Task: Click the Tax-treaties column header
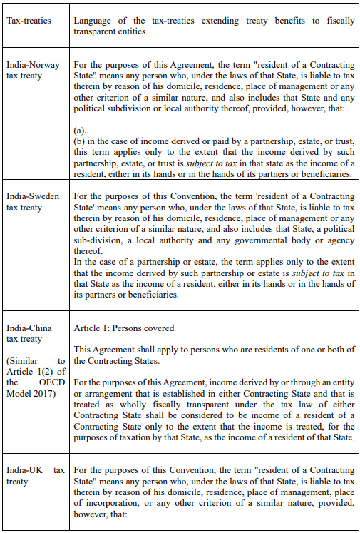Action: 29,21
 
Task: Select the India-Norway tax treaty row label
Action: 34,71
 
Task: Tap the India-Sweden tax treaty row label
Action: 34,201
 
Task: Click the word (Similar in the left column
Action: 26,361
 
